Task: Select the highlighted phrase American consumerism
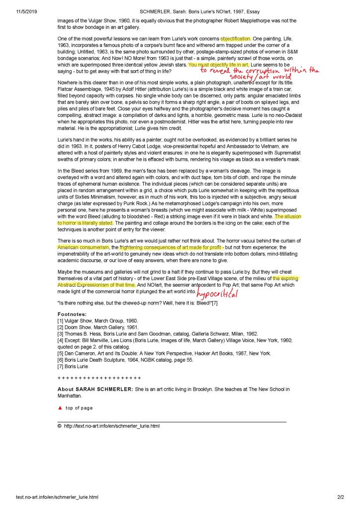pyautogui.click(x=83, y=247)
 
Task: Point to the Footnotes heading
pyautogui.click(x=72, y=314)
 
